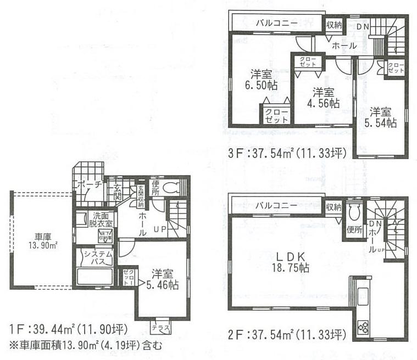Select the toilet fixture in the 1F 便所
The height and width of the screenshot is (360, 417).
172,187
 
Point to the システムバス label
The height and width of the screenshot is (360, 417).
98,257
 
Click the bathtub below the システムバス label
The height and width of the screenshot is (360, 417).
94,275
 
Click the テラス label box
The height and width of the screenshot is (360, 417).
161,327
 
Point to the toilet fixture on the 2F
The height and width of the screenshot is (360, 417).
355,211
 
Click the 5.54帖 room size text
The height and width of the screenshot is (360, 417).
382,123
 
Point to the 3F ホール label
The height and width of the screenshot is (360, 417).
344,46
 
